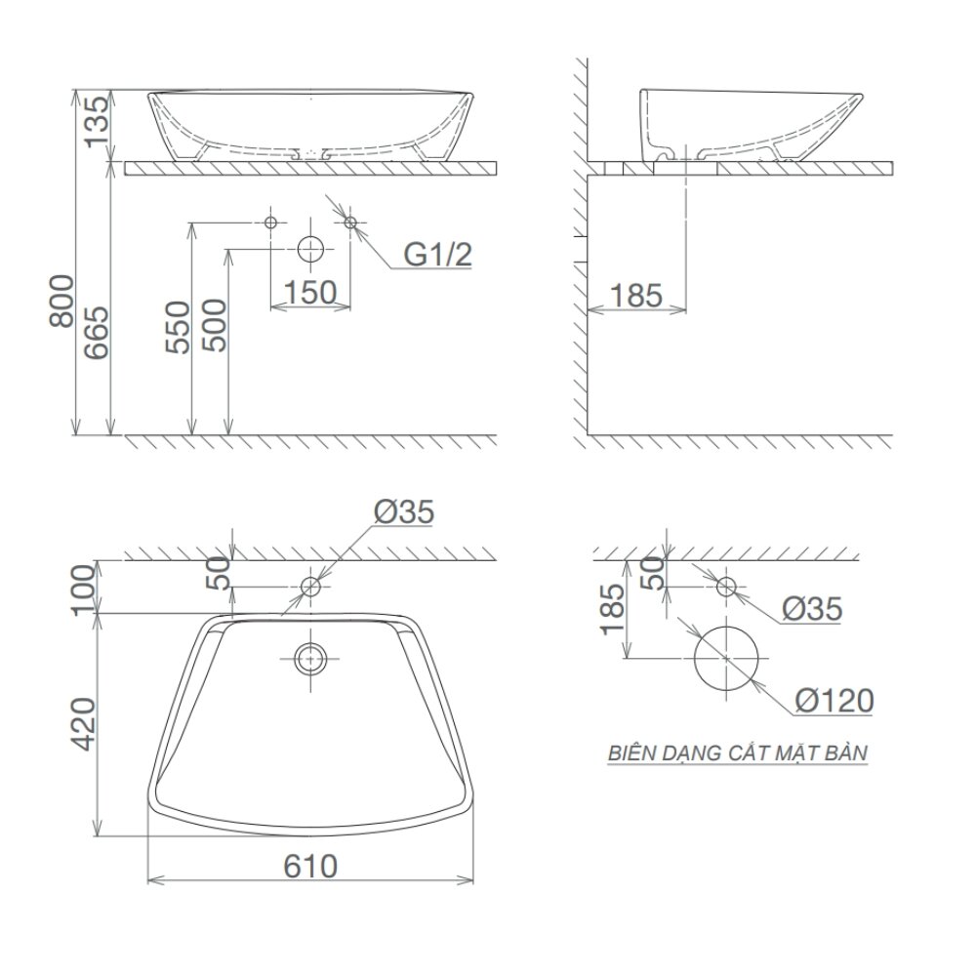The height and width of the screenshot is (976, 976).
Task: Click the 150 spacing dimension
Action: click(310, 292)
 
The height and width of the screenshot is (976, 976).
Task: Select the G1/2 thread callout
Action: click(438, 256)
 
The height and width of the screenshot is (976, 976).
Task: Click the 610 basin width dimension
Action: click(310, 866)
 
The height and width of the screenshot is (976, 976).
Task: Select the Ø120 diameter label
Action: click(834, 700)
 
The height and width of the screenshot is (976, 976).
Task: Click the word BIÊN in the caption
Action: click(630, 753)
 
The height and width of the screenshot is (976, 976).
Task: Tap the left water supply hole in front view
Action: click(271, 223)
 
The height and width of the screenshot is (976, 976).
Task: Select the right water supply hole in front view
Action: click(350, 223)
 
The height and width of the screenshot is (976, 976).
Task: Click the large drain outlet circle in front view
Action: click(310, 250)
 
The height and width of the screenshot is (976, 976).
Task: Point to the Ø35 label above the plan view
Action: click(402, 510)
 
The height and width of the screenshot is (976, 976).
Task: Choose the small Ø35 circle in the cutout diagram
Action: click(726, 587)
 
